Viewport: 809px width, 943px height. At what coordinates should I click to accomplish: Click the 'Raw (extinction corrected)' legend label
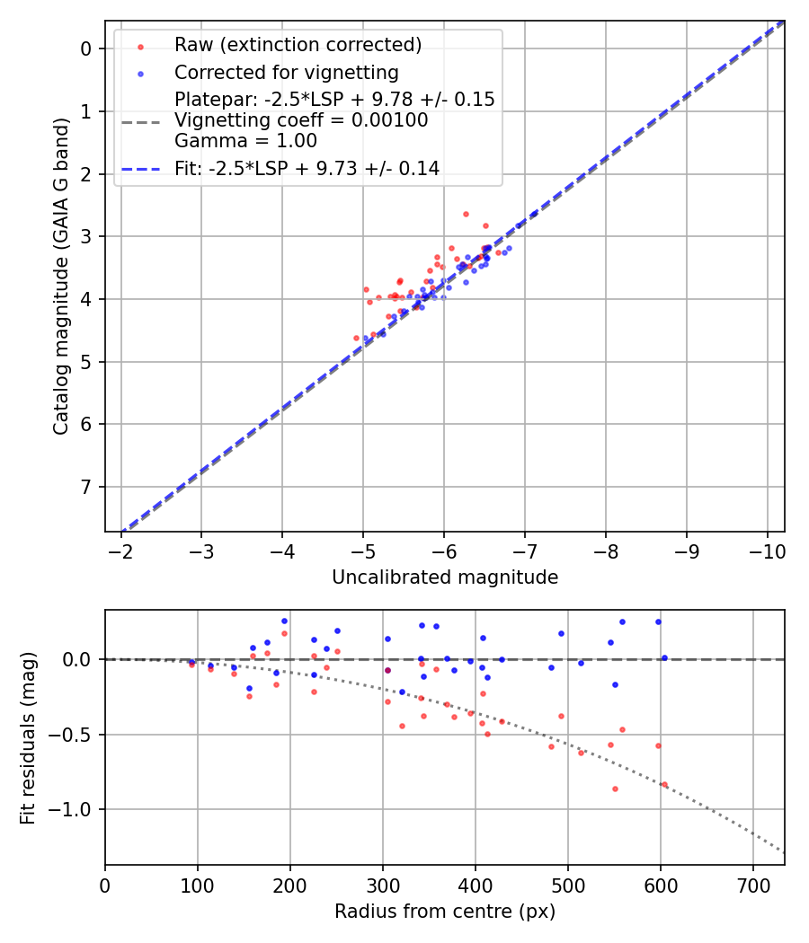tap(298, 45)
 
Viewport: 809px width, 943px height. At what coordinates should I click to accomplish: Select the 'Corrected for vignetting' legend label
tap(287, 72)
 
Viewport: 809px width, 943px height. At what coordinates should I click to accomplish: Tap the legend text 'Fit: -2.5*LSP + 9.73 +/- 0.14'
tap(307, 168)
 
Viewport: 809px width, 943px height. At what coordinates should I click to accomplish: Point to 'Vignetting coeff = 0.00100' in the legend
tap(301, 120)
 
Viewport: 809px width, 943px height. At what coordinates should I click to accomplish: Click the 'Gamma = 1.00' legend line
tap(245, 141)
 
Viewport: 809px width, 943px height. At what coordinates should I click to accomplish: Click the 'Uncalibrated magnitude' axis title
tap(445, 577)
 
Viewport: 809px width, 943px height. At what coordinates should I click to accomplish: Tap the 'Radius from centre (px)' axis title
tap(445, 912)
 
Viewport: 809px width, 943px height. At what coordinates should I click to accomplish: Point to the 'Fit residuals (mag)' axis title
tap(28, 738)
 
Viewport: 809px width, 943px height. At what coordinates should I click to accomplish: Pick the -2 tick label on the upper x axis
tap(121, 550)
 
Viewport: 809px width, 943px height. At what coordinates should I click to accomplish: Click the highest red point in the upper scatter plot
tap(466, 214)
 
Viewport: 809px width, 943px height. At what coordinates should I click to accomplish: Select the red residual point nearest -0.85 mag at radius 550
tap(615, 789)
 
